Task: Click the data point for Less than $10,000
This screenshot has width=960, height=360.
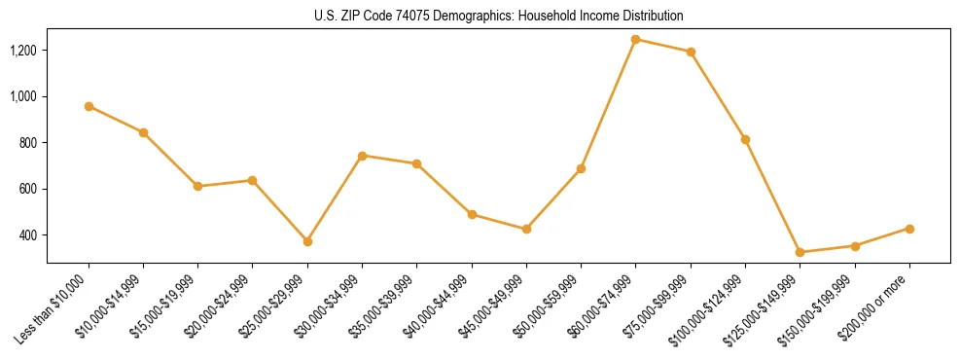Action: (x=89, y=106)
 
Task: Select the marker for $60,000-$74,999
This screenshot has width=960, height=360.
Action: (x=635, y=39)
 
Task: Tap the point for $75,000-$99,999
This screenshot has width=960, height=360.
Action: (x=691, y=52)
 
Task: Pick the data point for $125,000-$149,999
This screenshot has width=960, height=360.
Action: (x=800, y=252)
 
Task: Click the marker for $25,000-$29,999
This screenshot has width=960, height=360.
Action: (x=307, y=241)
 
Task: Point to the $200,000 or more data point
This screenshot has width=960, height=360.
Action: (x=909, y=229)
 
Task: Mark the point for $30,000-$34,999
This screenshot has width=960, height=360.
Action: (x=362, y=156)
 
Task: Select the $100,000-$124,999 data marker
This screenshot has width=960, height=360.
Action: (x=745, y=139)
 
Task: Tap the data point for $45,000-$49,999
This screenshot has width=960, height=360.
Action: (x=526, y=229)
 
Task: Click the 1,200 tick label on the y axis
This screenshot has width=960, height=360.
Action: (x=23, y=50)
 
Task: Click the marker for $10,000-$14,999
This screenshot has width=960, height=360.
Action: (x=143, y=132)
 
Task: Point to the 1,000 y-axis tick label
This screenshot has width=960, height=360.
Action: (x=23, y=96)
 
